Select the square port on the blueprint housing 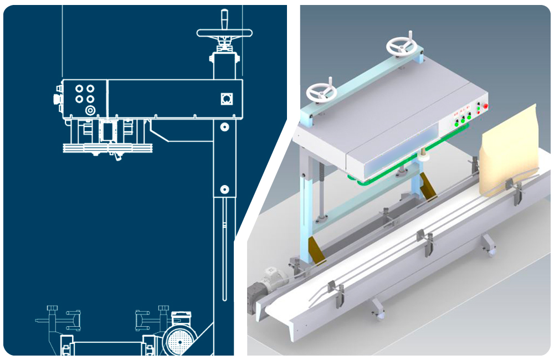[225, 99]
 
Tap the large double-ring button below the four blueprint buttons [89, 110]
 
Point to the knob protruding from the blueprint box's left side [56, 99]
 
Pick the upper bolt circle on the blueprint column [224, 127]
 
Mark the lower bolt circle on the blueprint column [224, 189]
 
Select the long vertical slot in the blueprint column [224, 249]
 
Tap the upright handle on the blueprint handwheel [224, 17]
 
